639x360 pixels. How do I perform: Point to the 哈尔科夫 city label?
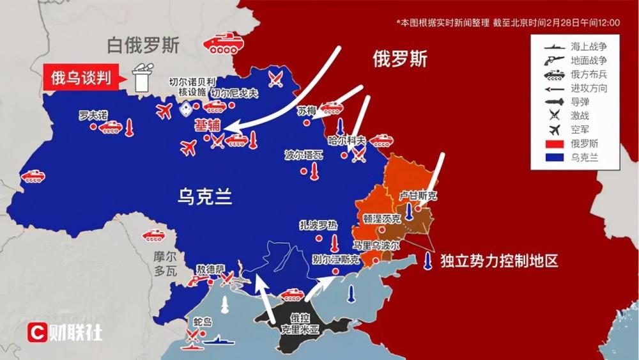pyautogui.click(x=348, y=140)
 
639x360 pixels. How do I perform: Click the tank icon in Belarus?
pyautogui.click(x=221, y=45)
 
